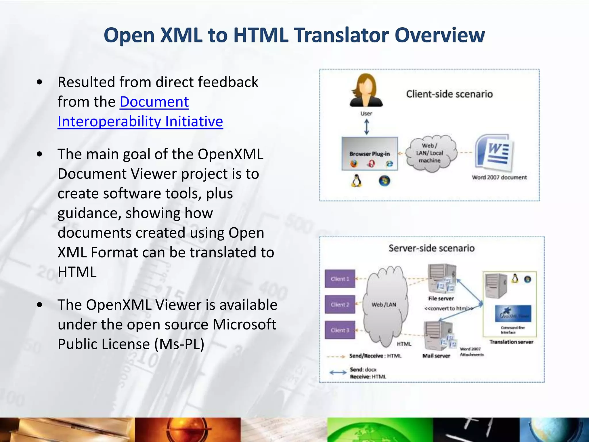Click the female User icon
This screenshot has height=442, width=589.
(x=366, y=90)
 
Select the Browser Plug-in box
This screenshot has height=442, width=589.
(x=370, y=154)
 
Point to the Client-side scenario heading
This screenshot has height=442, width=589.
(x=449, y=94)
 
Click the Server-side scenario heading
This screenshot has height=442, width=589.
(x=431, y=248)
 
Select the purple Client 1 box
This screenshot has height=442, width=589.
(x=340, y=279)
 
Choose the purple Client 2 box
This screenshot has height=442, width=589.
(x=340, y=304)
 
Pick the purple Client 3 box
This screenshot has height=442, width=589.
(x=340, y=330)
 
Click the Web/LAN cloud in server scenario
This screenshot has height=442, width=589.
(x=384, y=304)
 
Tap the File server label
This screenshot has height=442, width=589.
(x=441, y=299)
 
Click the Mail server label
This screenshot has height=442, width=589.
(x=436, y=356)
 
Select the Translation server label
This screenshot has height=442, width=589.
(x=511, y=342)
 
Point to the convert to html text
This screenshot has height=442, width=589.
(x=449, y=308)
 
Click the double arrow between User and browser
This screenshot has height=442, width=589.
(x=366, y=127)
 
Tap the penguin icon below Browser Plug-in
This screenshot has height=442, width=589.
(x=356, y=181)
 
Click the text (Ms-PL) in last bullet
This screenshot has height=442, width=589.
(x=179, y=344)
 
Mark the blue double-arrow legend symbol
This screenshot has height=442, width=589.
(x=338, y=372)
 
